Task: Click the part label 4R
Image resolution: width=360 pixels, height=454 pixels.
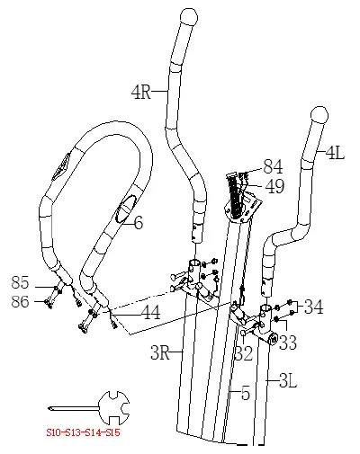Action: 141,92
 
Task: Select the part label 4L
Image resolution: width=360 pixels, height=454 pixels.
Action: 334,154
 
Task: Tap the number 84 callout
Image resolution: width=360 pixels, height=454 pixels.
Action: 274,167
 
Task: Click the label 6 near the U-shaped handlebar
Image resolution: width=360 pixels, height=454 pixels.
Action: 138,223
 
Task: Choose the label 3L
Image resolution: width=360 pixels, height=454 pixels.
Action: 286,381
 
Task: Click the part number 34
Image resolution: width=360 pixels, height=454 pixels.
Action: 312,307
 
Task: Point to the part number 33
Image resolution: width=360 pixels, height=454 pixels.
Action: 287,343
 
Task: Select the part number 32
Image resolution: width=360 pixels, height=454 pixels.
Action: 243,353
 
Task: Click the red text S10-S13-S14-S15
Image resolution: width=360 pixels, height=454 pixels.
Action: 84,432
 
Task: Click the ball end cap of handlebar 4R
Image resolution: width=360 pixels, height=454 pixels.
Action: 188,17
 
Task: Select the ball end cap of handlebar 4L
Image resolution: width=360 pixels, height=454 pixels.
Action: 318,115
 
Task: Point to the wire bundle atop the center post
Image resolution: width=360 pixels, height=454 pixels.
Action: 237,192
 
